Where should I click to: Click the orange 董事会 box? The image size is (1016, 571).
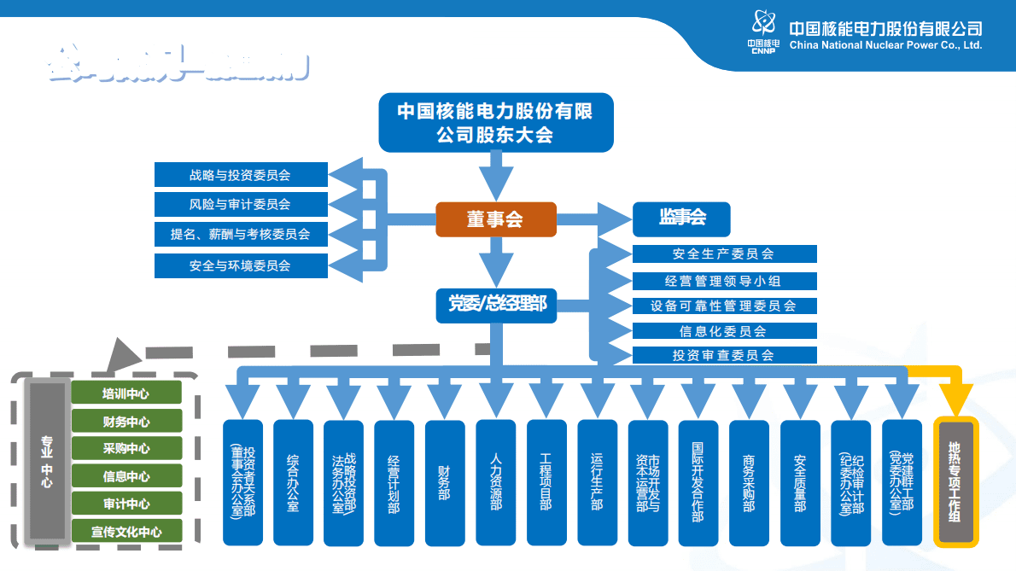click(495, 219)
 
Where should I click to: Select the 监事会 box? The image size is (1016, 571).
click(681, 218)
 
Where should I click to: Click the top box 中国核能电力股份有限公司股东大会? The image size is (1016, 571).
click(496, 123)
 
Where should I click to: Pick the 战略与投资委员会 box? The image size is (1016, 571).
click(241, 175)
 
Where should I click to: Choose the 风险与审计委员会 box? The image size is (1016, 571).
click(241, 204)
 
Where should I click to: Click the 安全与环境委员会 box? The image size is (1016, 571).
click(241, 265)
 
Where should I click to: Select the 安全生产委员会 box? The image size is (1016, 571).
click(724, 253)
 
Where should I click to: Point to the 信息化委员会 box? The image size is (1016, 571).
click(724, 330)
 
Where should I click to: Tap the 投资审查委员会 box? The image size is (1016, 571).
click(724, 355)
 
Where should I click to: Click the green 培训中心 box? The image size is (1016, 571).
click(126, 393)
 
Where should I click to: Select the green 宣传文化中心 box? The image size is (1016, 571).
click(126, 532)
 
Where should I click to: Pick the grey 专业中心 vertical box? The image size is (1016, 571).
click(46, 462)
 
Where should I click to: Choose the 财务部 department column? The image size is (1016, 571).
click(445, 482)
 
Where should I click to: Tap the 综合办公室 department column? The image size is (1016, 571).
click(293, 482)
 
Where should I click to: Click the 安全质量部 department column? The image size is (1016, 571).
click(800, 482)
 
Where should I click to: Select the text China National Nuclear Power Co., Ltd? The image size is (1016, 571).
click(885, 45)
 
